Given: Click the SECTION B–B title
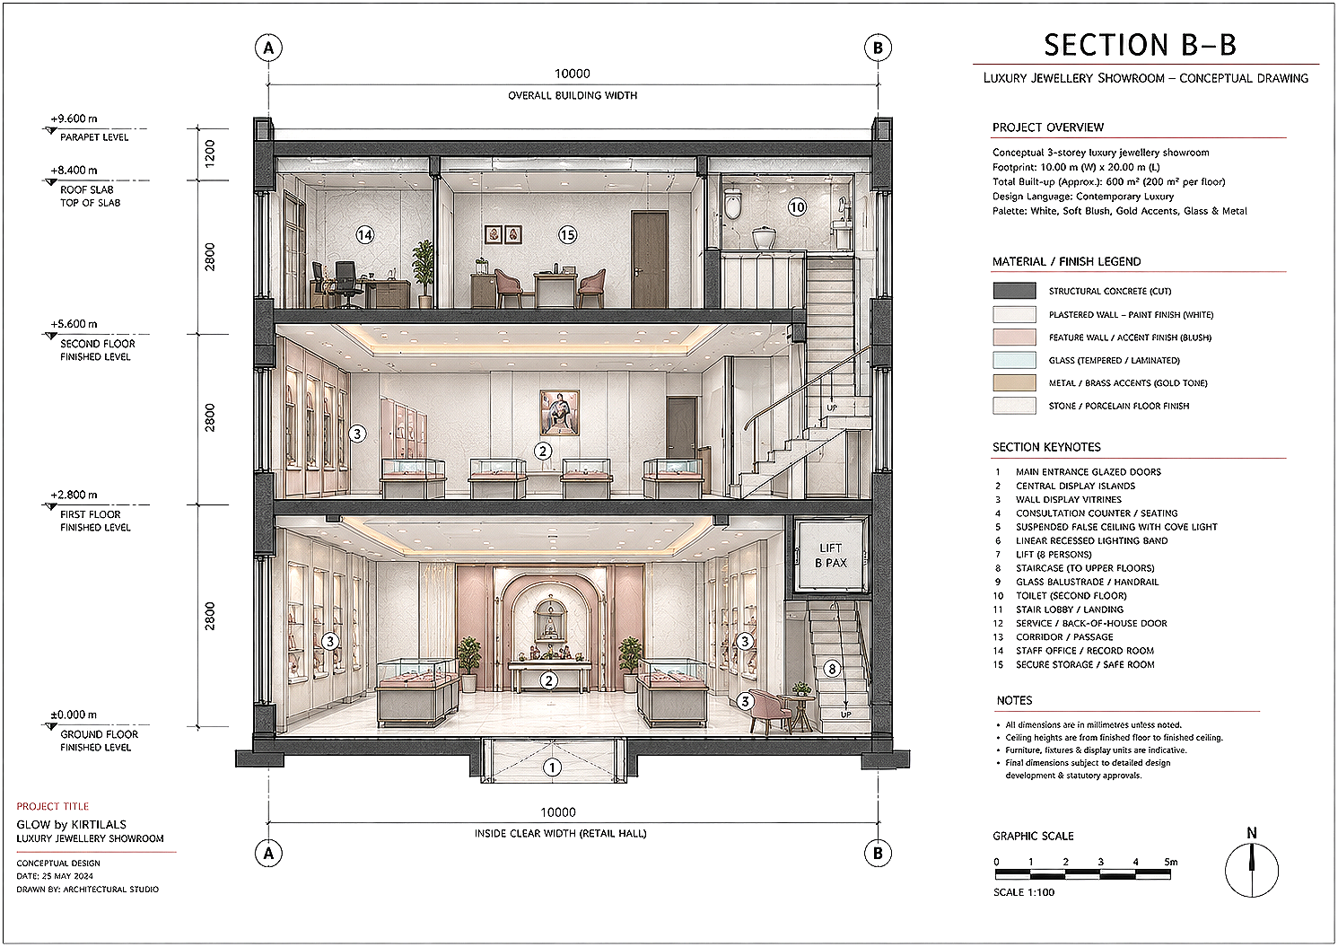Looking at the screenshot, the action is pyautogui.click(x=1140, y=45).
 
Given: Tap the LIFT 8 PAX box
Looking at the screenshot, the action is pyautogui.click(x=831, y=555).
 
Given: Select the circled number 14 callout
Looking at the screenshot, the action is pyautogui.click(x=364, y=235).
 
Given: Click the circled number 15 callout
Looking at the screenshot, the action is pyautogui.click(x=567, y=235).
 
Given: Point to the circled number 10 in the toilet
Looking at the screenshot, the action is pyautogui.click(x=797, y=207).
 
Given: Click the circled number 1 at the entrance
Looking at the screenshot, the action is pyautogui.click(x=552, y=767).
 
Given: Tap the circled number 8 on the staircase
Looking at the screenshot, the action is pyautogui.click(x=832, y=669).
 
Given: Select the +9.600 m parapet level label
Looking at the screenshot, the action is pyautogui.click(x=74, y=118).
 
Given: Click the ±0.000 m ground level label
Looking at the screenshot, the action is pyautogui.click(x=74, y=715).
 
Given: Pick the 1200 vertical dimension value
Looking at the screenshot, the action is pyautogui.click(x=210, y=153).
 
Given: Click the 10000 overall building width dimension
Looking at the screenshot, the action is pyautogui.click(x=573, y=74).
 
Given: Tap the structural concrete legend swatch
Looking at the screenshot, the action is pyautogui.click(x=1014, y=291).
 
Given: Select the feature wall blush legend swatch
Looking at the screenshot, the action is pyautogui.click(x=1014, y=337).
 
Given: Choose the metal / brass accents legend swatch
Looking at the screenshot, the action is pyautogui.click(x=1014, y=383).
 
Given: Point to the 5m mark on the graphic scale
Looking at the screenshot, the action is pyautogui.click(x=1171, y=862).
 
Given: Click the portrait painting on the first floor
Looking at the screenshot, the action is pyautogui.click(x=559, y=413).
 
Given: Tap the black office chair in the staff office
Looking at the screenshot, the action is pyautogui.click(x=345, y=285).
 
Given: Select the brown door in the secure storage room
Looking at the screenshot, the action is pyautogui.click(x=650, y=259).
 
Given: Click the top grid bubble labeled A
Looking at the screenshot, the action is pyautogui.click(x=269, y=48).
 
